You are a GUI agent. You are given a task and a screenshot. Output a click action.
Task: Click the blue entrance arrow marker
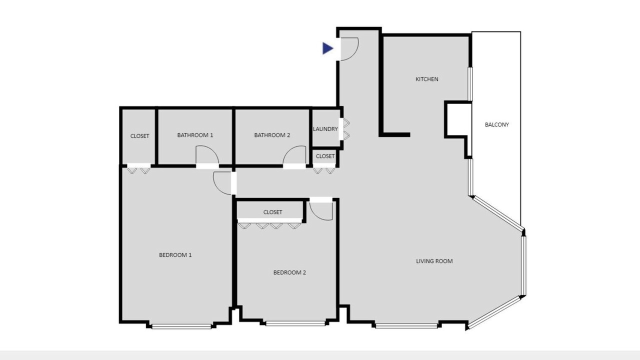point(327,48)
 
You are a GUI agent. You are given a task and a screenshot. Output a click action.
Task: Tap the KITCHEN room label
point(426,79)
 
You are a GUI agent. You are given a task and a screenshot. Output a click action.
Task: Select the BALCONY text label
point(497,124)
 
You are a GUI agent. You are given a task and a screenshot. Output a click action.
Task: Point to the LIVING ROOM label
point(434,261)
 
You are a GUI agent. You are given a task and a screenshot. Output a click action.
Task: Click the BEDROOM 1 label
point(175,255)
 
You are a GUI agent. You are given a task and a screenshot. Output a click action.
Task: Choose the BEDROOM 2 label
point(289,272)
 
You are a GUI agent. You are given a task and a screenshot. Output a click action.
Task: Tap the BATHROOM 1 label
point(195,135)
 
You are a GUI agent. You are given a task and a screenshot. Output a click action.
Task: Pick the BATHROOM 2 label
point(272,135)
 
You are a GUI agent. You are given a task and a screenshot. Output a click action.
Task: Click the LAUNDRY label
point(325,129)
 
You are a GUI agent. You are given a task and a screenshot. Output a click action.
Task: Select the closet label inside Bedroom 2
point(272,212)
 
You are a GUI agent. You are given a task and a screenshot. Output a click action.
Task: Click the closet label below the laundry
point(325,156)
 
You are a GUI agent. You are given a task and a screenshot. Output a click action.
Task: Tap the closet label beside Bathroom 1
point(139,136)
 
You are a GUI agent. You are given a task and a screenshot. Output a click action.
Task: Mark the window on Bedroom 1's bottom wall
point(181,326)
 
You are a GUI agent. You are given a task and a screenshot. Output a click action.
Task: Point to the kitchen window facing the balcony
point(470,83)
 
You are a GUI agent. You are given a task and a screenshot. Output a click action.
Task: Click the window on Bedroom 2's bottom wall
point(295,323)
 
